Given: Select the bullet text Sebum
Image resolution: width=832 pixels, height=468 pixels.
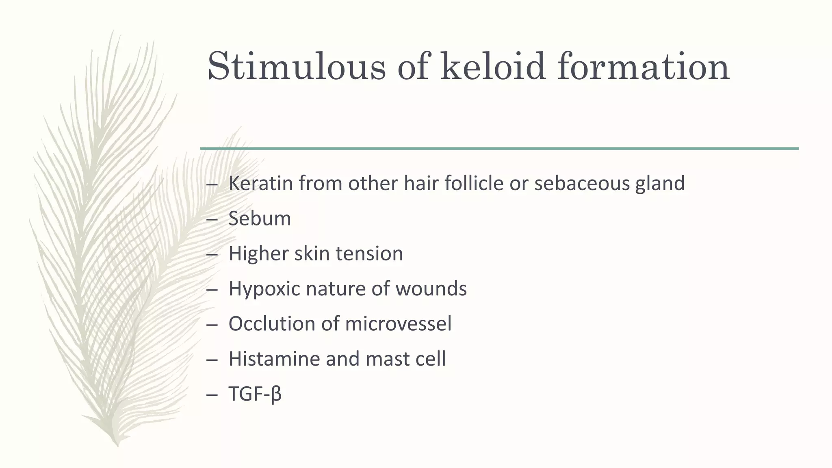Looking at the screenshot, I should click(x=260, y=219).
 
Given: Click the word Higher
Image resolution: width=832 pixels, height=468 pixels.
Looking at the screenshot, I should click(x=258, y=254).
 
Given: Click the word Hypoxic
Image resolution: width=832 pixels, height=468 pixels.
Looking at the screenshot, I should click(x=264, y=289).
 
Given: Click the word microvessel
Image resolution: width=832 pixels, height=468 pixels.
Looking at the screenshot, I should click(x=398, y=324).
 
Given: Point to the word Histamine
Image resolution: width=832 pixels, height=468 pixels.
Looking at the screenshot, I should click(x=274, y=359).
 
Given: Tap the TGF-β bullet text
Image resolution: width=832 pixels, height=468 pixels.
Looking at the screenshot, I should click(x=255, y=394).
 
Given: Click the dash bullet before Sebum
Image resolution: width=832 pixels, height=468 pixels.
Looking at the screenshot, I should click(x=212, y=220).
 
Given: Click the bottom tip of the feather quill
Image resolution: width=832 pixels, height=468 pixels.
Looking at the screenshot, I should click(x=117, y=445).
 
